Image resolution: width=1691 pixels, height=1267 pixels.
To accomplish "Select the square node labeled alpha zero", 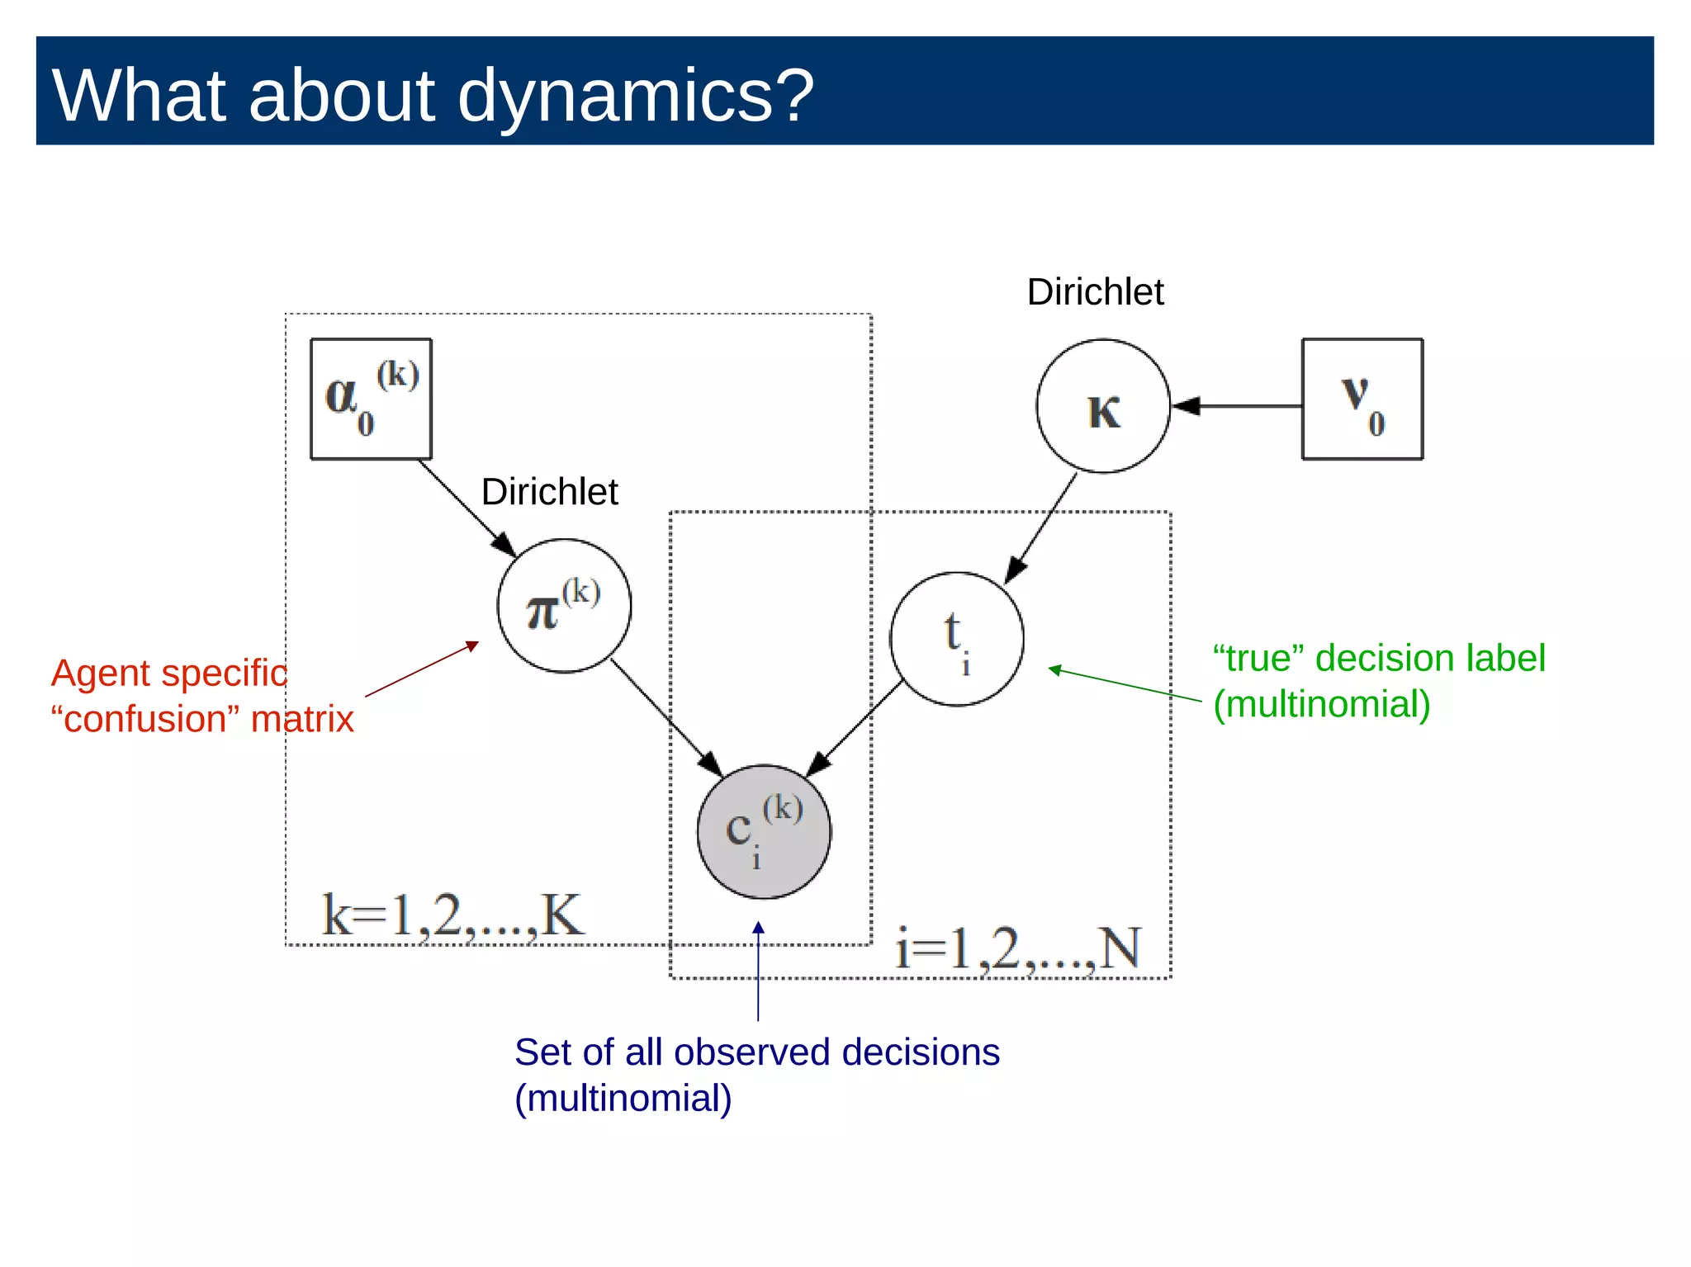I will (371, 399).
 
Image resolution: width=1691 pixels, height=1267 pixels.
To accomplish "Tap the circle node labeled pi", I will (564, 606).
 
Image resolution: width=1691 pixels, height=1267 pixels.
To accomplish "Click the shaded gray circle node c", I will (764, 831).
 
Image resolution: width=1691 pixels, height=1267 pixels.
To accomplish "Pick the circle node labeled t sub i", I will (956, 639).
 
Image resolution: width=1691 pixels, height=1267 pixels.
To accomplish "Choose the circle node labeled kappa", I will (1103, 406).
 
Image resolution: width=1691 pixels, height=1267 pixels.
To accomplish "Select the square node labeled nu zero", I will (1362, 399).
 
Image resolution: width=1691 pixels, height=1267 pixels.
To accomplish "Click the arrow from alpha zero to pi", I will (467, 507).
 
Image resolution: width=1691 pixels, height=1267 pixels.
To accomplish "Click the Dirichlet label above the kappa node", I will (1095, 292).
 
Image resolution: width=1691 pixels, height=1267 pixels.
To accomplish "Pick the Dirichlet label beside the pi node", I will (549, 492).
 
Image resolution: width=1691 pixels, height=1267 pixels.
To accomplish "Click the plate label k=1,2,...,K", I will (452, 915).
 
